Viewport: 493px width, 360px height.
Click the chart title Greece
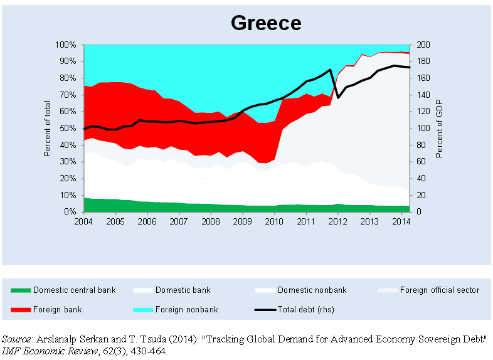[x=266, y=23]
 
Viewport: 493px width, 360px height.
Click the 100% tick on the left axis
[x=66, y=45]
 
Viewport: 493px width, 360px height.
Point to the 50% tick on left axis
[x=68, y=129]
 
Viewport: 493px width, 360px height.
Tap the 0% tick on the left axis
[x=70, y=212]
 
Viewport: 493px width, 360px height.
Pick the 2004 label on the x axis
[x=83, y=221]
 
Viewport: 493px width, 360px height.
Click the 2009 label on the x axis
[x=242, y=221]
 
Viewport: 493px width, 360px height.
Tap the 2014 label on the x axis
[x=401, y=221]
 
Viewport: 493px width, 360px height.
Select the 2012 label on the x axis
[x=338, y=221]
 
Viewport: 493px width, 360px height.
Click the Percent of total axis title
[x=48, y=129]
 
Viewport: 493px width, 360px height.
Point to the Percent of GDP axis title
[x=440, y=129]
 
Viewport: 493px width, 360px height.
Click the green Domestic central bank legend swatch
[x=20, y=290]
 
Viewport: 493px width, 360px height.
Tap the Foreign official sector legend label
[x=439, y=290]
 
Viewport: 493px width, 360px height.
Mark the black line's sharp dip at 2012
[x=338, y=97]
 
